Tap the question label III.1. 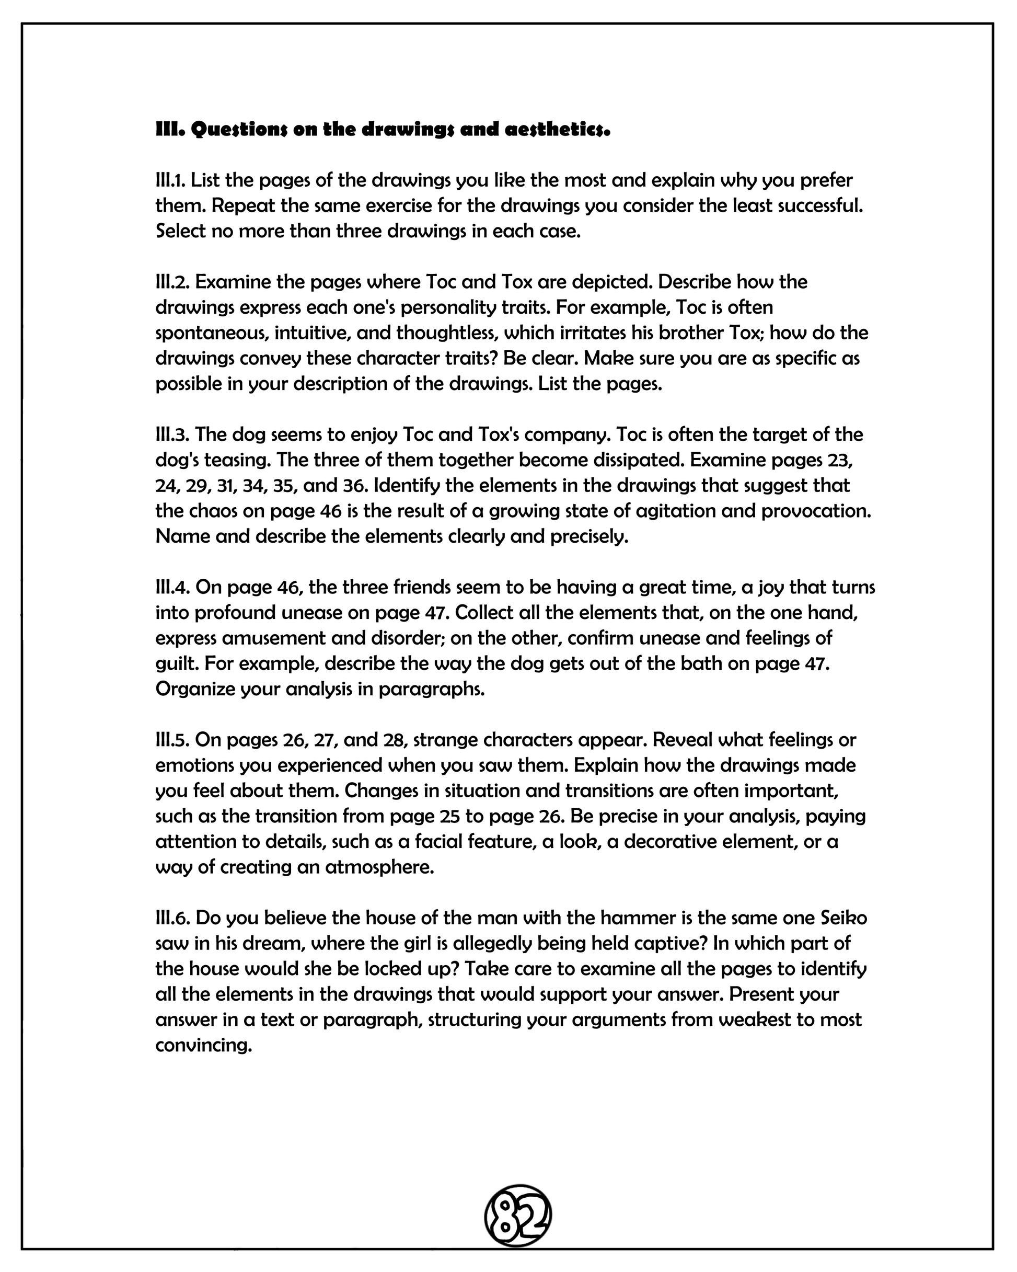pyautogui.click(x=170, y=180)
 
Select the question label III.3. pyautogui.click(x=172, y=434)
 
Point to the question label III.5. pyautogui.click(x=172, y=739)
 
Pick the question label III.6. pyautogui.click(x=172, y=918)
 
